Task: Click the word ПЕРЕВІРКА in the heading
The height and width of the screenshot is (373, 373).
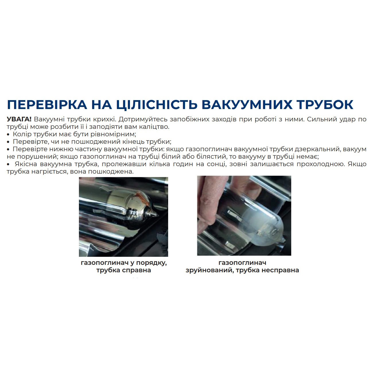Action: [47, 105]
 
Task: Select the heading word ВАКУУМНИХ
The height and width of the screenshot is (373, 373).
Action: [247, 105]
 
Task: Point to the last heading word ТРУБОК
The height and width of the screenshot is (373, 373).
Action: [325, 105]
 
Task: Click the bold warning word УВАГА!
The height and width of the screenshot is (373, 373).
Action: [19, 119]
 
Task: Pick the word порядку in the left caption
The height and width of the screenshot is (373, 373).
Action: [151, 263]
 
